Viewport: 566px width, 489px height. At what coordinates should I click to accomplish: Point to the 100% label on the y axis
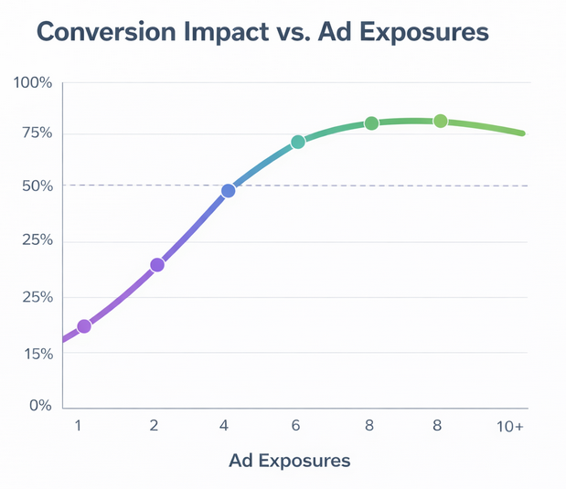(33, 83)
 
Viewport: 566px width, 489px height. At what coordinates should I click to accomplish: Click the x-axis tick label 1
(79, 426)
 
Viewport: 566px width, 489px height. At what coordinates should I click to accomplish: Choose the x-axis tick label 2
(155, 426)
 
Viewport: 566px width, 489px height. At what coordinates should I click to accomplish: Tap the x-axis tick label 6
(297, 426)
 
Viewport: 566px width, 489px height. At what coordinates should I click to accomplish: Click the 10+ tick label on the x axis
(510, 426)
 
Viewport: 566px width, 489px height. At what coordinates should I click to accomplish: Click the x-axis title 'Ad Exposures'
(289, 461)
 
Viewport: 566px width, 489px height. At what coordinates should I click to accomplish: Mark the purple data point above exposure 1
(84, 326)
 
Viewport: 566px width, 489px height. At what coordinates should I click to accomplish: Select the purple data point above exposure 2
(157, 265)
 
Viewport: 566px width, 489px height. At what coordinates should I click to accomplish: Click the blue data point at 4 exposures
(228, 190)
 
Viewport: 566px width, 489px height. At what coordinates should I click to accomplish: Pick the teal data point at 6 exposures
(298, 142)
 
